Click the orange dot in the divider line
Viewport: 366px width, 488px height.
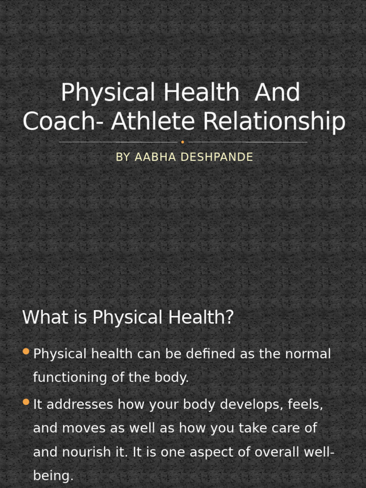tap(183, 142)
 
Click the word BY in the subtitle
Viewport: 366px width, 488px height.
tap(122, 157)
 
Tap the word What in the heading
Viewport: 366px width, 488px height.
tap(45, 317)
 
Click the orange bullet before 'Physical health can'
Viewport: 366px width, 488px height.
tap(26, 352)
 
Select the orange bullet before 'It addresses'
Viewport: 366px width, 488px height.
tap(26, 402)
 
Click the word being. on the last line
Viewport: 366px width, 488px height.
tap(53, 476)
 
